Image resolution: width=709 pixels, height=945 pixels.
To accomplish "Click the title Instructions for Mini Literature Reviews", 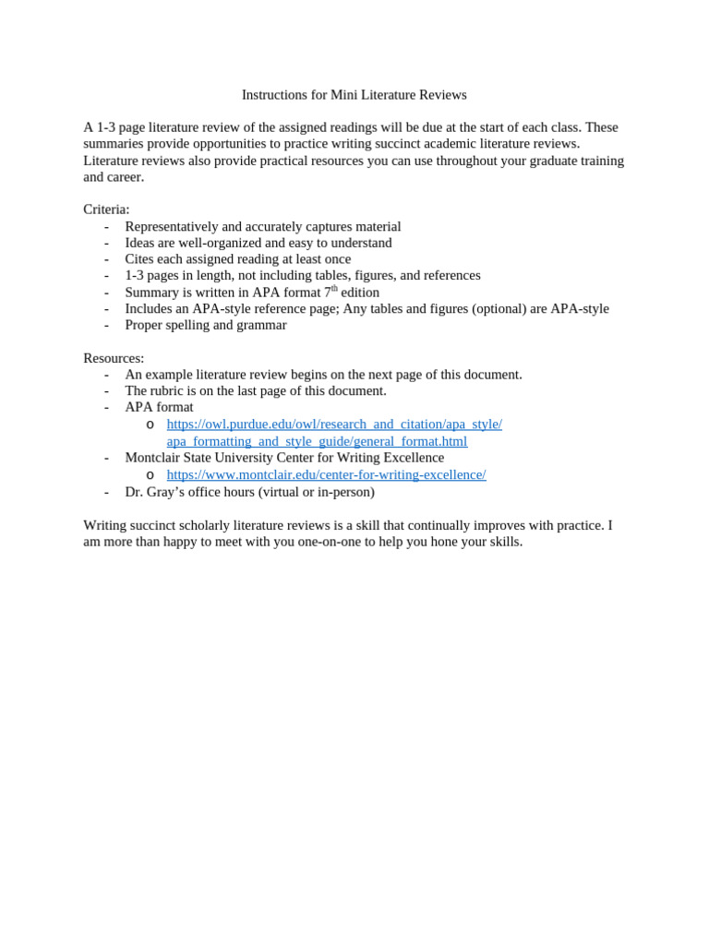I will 354,95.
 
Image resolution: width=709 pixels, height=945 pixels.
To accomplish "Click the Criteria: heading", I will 106,209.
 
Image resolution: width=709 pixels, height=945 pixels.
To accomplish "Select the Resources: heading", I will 114,358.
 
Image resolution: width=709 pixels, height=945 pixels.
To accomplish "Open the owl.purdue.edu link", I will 334,425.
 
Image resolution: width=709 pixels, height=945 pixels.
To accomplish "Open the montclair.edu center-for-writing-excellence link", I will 326,474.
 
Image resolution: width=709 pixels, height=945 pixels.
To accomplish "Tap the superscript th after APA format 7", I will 334,289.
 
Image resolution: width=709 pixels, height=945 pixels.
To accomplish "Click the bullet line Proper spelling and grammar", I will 206,325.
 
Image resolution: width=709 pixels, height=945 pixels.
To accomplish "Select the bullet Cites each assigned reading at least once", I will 238,259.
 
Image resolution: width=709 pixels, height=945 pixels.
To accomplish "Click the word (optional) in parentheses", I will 499,308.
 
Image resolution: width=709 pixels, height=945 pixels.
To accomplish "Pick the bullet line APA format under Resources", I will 159,407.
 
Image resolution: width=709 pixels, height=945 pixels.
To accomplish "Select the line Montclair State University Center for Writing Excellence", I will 284,458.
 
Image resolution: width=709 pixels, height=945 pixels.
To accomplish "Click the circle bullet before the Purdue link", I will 150,425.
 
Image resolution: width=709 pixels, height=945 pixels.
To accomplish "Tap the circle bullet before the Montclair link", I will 150,475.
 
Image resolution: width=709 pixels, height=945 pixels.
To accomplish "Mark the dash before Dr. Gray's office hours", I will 106,492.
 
